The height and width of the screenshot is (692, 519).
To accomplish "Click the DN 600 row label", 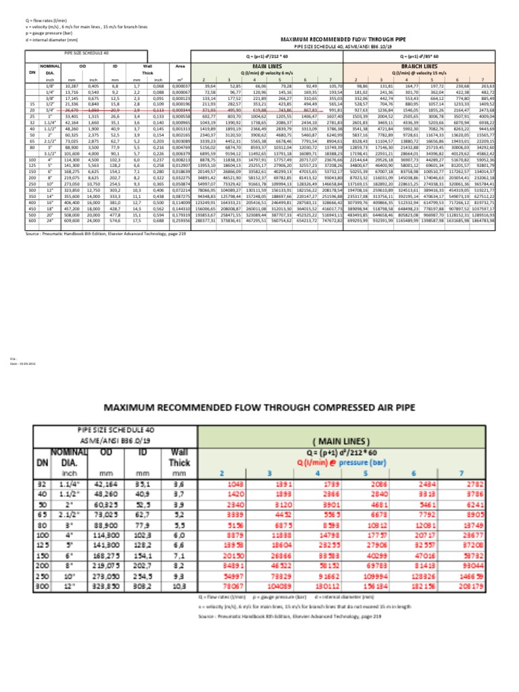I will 33,220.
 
